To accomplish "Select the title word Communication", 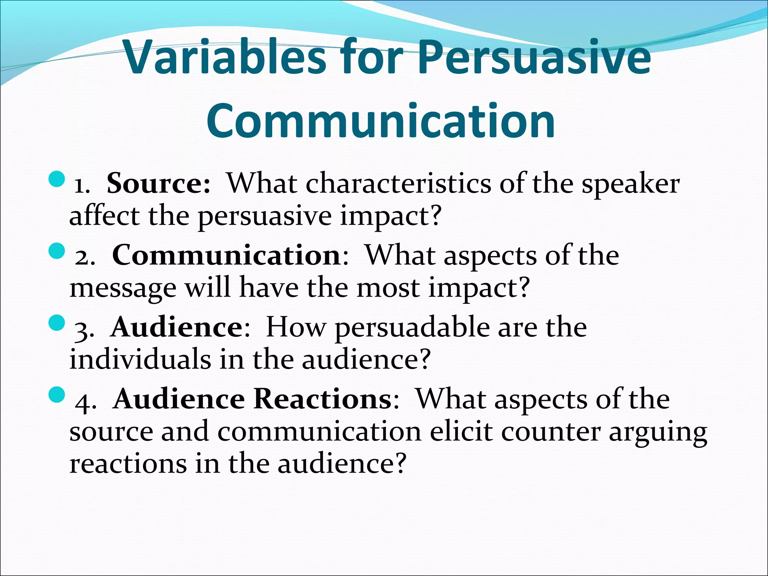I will pyautogui.click(x=381, y=121).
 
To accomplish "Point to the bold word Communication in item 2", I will pyautogui.click(x=226, y=255).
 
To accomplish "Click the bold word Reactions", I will pyautogui.click(x=322, y=399).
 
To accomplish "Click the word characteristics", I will pyautogui.click(x=398, y=184).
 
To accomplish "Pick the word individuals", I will pyautogui.click(x=140, y=359).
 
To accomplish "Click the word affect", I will pyautogui.click(x=104, y=216).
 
